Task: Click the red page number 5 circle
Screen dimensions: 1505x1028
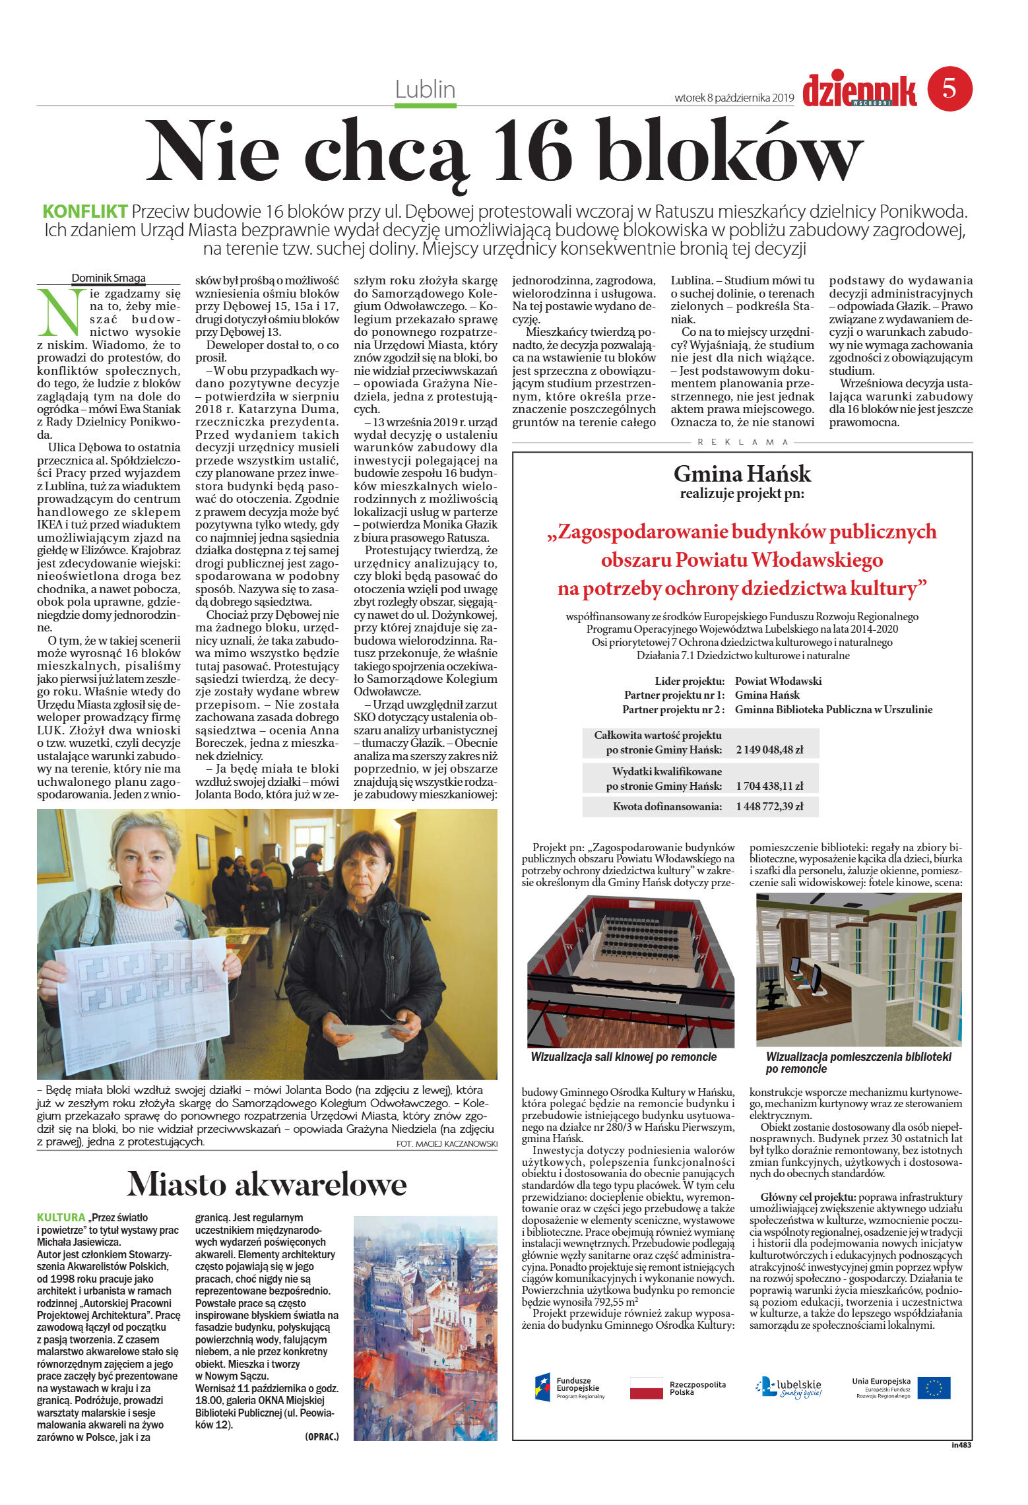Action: click(x=949, y=88)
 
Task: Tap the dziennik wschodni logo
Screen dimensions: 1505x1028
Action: click(x=859, y=91)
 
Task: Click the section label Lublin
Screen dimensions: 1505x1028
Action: click(x=425, y=89)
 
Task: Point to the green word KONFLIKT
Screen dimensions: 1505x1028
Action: click(x=85, y=212)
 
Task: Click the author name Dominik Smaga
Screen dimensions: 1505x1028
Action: click(x=108, y=278)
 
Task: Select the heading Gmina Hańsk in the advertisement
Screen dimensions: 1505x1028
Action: click(x=742, y=474)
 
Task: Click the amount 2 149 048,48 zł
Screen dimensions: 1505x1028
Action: click(x=769, y=750)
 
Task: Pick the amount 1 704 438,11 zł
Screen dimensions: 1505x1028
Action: click(x=769, y=786)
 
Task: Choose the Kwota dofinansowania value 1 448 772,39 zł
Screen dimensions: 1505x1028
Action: click(x=769, y=806)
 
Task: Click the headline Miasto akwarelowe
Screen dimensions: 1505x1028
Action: click(x=267, y=1184)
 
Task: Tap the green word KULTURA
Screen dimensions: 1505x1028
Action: click(x=61, y=1217)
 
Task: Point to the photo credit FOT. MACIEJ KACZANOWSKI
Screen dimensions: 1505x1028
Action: click(x=447, y=1144)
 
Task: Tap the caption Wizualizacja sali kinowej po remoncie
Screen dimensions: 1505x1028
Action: click(x=624, y=1057)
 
